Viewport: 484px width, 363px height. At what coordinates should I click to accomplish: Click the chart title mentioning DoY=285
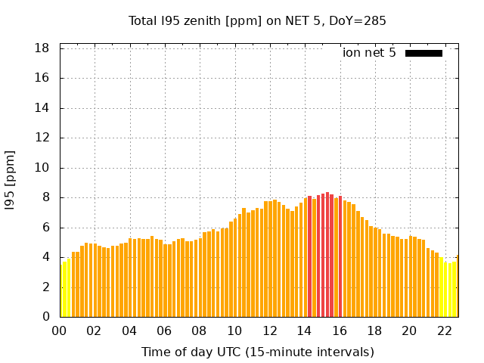[257, 20]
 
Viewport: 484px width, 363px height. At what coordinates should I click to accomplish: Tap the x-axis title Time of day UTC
[257, 352]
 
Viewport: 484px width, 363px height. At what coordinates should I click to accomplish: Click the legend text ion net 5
[369, 53]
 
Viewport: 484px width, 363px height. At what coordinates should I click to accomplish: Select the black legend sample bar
[423, 53]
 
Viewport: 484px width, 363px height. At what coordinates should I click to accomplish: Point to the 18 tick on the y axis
[43, 48]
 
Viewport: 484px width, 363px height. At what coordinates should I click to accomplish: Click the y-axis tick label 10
[43, 168]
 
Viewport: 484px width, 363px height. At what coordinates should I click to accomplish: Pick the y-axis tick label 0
[46, 317]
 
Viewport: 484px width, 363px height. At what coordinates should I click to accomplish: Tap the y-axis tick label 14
[43, 108]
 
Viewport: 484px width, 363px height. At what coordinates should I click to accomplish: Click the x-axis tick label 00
[59, 331]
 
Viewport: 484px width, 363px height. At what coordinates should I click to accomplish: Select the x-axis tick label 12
[269, 331]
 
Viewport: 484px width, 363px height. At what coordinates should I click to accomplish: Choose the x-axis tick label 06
[164, 331]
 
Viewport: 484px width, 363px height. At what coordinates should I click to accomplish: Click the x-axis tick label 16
[339, 331]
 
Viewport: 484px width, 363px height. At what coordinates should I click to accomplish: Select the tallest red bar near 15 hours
[327, 255]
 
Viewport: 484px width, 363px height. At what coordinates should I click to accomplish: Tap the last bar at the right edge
[457, 287]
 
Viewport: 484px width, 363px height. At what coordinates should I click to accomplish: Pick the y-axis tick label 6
[46, 228]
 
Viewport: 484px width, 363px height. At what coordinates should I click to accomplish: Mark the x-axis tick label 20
[409, 331]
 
